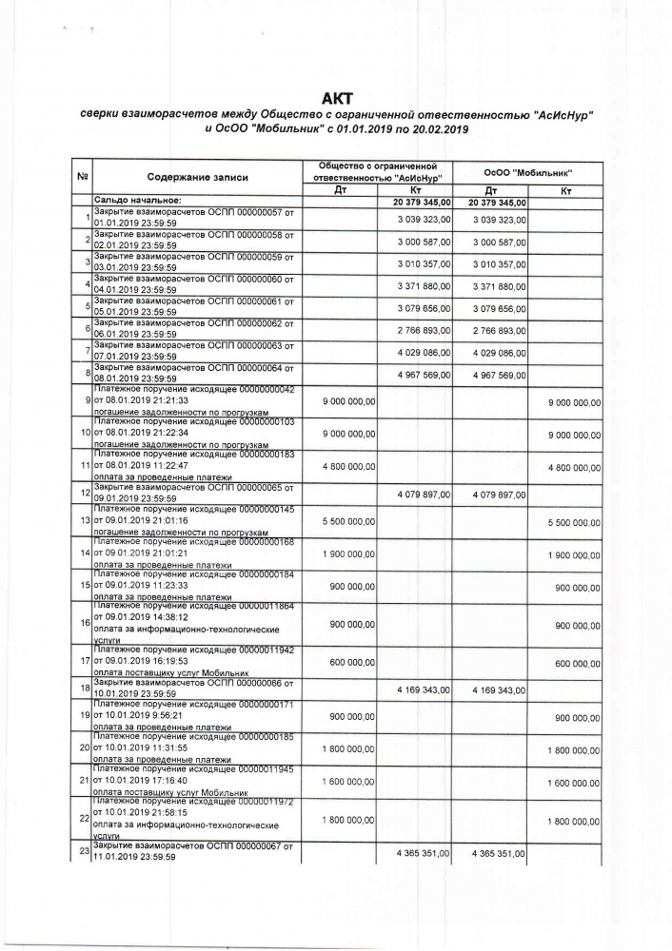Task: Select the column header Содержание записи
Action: point(197,177)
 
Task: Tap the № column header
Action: point(83,176)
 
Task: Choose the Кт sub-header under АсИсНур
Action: point(415,190)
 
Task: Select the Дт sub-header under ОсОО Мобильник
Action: point(491,190)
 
